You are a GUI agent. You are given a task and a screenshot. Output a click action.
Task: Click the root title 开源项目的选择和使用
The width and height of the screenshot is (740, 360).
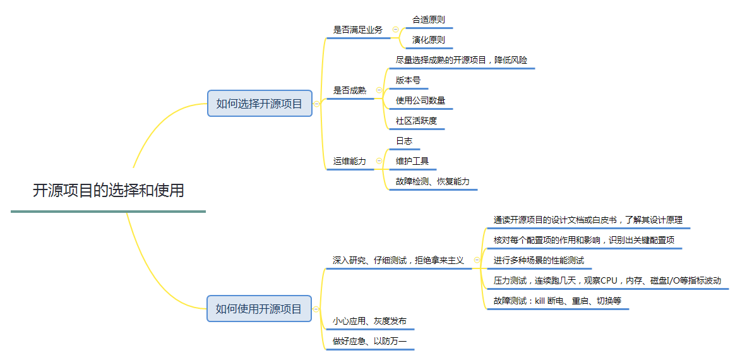108,190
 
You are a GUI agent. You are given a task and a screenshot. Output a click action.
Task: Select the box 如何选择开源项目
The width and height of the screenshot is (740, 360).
260,104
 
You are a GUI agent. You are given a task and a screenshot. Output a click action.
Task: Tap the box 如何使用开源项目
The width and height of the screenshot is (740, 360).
259,309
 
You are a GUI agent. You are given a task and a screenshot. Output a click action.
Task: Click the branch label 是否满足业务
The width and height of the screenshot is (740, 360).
357,30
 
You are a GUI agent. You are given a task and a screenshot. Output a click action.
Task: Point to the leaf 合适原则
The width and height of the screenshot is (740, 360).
428,20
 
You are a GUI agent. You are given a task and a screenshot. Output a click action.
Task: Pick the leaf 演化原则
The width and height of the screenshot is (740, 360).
428,40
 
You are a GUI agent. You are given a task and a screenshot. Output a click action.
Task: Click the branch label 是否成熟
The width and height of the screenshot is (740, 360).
349,90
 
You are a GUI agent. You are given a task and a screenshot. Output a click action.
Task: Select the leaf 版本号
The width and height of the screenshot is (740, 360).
408,80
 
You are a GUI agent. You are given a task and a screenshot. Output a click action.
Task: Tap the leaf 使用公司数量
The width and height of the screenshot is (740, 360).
420,100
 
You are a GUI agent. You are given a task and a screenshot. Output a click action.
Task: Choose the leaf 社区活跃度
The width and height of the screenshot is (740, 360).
416,121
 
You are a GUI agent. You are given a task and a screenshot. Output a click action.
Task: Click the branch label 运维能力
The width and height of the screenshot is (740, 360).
349,161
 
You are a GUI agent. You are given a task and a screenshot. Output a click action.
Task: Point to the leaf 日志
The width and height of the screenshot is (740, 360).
404,141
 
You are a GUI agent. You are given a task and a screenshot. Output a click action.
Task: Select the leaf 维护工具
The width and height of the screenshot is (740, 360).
412,161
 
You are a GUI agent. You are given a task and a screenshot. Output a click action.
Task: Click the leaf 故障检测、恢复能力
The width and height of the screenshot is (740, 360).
433,181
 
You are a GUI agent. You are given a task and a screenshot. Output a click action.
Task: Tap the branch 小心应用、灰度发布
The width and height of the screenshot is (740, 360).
369,321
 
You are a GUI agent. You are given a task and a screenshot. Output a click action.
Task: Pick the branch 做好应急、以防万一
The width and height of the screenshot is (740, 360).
369,342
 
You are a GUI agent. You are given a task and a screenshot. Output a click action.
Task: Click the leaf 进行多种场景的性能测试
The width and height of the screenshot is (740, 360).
539,260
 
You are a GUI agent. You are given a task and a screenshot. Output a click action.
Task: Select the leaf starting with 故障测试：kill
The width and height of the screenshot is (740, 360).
557,301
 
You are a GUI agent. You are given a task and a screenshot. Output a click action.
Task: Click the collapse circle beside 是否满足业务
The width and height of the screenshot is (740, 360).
395,30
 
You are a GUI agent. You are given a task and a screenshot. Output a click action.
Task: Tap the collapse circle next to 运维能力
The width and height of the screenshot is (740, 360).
379,161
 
